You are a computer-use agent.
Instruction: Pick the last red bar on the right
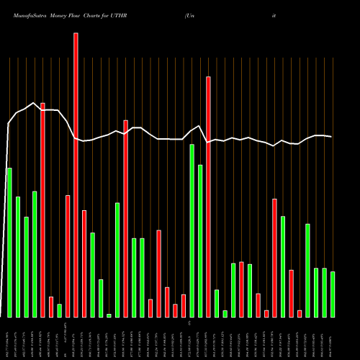[x=300, y=313]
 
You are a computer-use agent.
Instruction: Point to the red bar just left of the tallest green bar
[x=184, y=305]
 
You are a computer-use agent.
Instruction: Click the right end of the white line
[x=331, y=137]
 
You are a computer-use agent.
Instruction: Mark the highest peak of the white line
[x=34, y=103]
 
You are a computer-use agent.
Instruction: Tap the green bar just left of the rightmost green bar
[x=325, y=292]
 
